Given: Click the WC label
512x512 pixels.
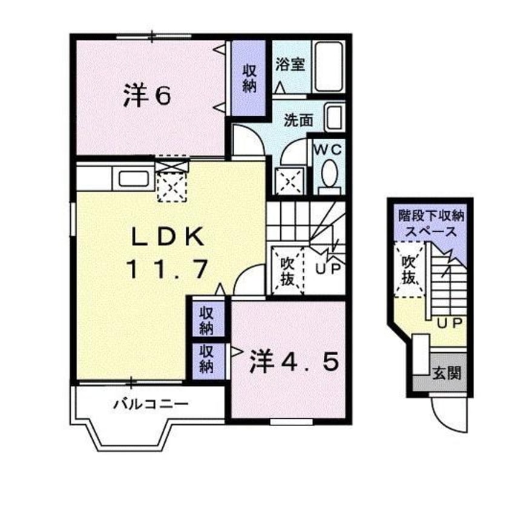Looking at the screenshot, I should click(x=327, y=149).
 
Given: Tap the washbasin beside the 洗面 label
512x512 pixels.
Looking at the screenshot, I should click(x=333, y=117).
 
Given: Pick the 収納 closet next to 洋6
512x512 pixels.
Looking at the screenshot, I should click(x=249, y=78).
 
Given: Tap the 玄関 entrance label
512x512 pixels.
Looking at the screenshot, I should click(x=446, y=372).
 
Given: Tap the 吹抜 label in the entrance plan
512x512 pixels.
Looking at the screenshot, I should click(x=409, y=271).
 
